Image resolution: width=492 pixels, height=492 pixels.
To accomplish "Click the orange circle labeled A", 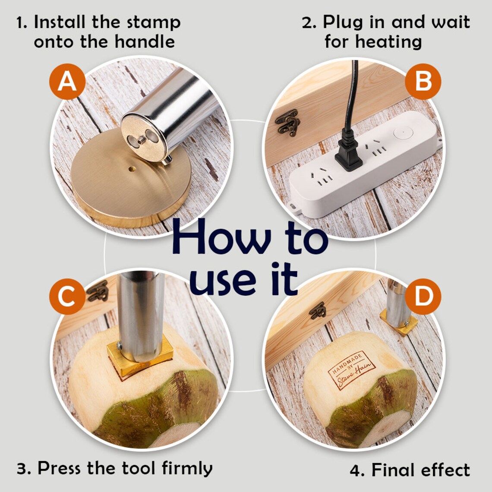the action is pyautogui.click(x=67, y=82).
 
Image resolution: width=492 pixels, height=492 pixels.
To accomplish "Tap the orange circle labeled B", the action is pyautogui.click(x=423, y=82).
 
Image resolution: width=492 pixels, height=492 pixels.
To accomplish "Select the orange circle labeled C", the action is pyautogui.click(x=67, y=296).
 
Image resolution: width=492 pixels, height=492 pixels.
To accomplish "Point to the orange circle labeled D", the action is pyautogui.click(x=423, y=296).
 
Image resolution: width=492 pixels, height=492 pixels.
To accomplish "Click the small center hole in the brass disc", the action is pyautogui.click(x=132, y=169).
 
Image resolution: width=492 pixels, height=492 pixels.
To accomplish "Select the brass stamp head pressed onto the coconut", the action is pyautogui.click(x=140, y=358).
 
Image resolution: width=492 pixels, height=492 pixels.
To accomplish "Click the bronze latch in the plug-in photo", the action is pyautogui.click(x=287, y=123).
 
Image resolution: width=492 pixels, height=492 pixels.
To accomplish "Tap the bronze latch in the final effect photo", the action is pyautogui.click(x=318, y=311).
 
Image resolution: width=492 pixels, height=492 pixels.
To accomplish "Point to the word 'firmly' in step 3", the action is pyautogui.click(x=187, y=469).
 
